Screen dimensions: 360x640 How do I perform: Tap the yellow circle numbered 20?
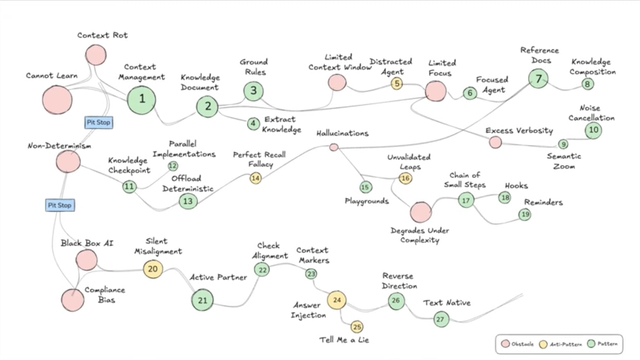click(153, 268)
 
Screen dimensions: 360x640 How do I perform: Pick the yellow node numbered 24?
click(337, 300)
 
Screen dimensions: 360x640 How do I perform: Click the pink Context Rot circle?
click(95, 55)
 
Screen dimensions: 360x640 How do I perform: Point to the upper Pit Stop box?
click(98, 123)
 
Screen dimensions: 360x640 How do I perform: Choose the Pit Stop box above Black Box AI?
click(59, 205)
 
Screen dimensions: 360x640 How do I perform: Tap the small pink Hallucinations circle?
click(334, 147)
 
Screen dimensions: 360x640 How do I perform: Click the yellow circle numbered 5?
click(396, 83)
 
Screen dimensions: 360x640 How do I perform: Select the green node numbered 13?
click(188, 201)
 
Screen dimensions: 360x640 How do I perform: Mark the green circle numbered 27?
click(441, 319)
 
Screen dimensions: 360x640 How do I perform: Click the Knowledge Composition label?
click(593, 67)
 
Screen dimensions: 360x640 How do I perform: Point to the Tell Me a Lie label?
click(344, 340)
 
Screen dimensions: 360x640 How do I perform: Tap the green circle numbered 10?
click(594, 130)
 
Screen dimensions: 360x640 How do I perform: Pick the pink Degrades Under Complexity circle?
click(421, 212)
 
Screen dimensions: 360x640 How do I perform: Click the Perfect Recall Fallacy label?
click(259, 159)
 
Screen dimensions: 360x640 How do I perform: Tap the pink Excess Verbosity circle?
click(495, 142)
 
